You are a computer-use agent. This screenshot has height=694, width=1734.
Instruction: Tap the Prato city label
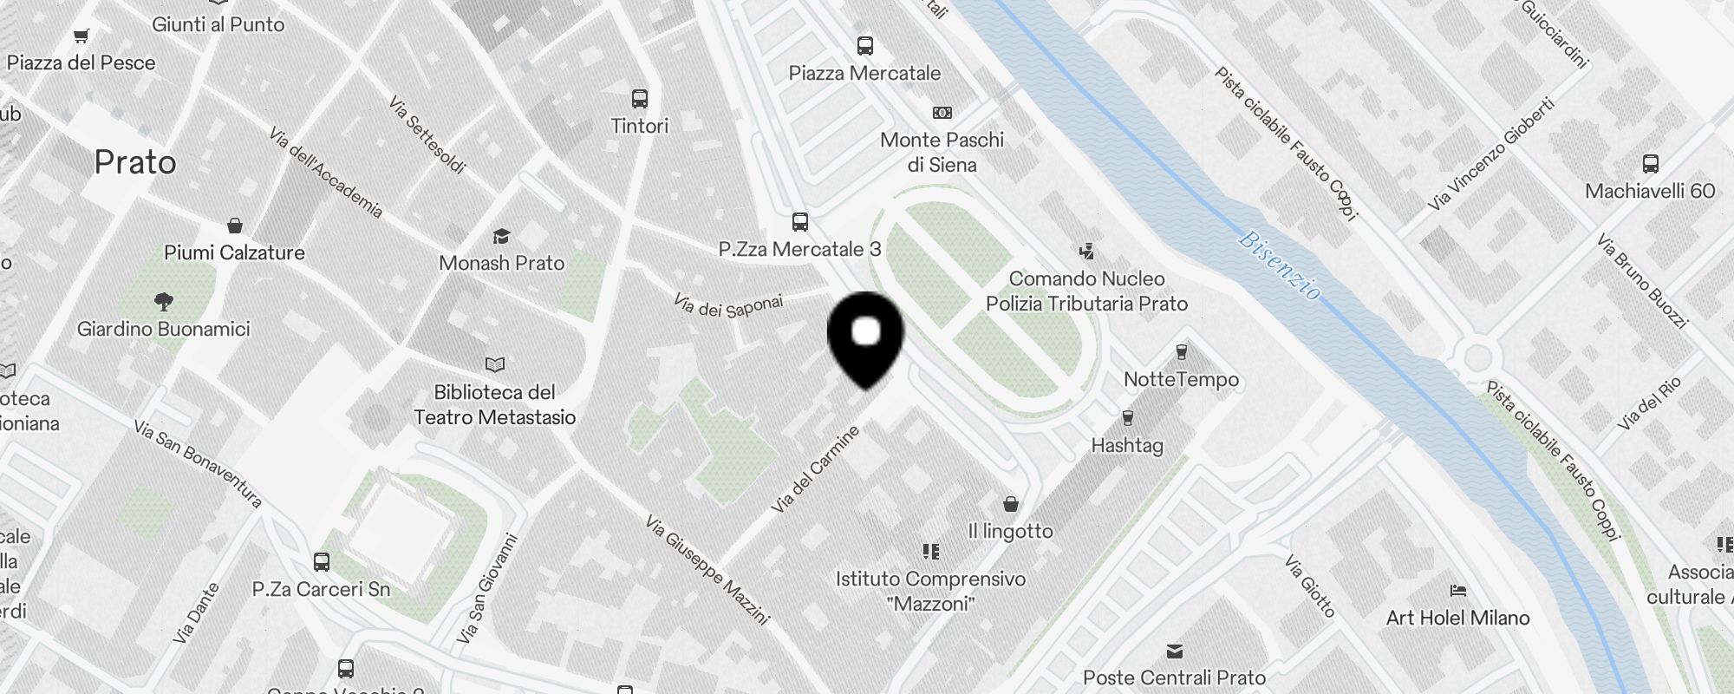tap(135, 162)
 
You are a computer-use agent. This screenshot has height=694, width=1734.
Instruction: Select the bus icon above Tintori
tap(640, 99)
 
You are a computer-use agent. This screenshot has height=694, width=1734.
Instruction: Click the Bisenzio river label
tap(1279, 265)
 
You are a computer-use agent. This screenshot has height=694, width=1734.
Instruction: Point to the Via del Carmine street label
tap(815, 468)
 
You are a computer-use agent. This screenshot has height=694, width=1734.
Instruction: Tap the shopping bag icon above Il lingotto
tap(1010, 504)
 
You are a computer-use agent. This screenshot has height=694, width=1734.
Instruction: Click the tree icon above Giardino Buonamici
tap(163, 302)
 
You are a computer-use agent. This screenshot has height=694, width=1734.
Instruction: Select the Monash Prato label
tap(501, 263)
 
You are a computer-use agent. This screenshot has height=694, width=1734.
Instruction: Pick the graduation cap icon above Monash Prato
tap(501, 236)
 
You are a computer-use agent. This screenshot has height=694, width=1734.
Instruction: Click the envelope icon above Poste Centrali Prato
tap(1175, 651)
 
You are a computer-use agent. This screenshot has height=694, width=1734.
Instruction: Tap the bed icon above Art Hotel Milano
tap(1457, 591)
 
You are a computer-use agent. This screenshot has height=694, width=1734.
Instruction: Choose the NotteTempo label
tap(1181, 379)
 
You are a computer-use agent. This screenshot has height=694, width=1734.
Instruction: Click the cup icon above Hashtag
tap(1127, 418)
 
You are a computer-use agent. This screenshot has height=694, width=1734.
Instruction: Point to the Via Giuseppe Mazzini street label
tap(707, 570)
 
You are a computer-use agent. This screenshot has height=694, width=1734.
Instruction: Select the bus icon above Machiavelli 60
tap(1650, 164)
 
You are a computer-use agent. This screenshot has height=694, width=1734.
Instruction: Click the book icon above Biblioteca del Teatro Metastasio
tap(494, 364)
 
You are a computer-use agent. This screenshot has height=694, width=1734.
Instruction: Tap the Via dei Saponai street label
tap(728, 305)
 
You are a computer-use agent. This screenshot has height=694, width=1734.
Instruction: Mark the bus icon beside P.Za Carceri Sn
tap(322, 562)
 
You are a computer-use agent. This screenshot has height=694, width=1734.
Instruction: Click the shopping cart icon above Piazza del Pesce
tap(81, 36)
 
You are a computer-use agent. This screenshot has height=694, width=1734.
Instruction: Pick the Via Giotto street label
tap(1310, 586)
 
